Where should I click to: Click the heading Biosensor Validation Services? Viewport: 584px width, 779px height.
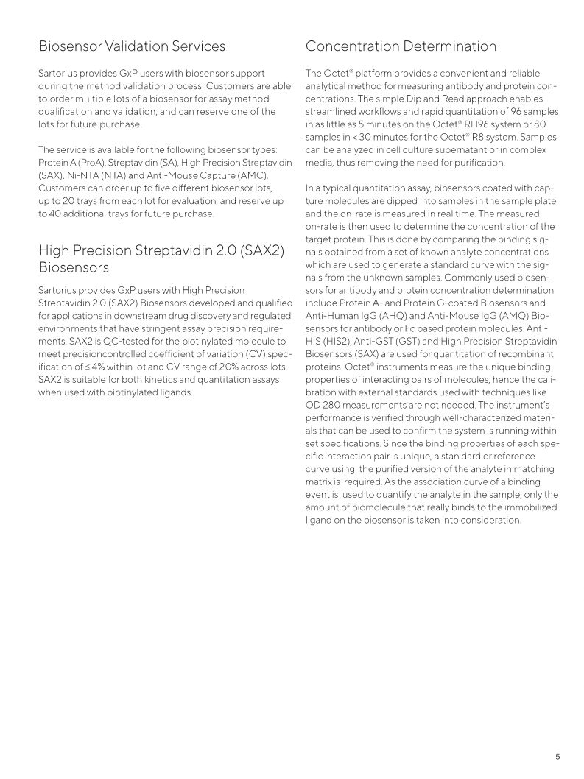coord(132,46)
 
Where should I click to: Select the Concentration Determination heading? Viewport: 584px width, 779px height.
coord(401,46)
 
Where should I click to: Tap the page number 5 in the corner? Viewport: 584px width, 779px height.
coord(557,756)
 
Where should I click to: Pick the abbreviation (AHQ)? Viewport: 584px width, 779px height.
coord(394,316)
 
